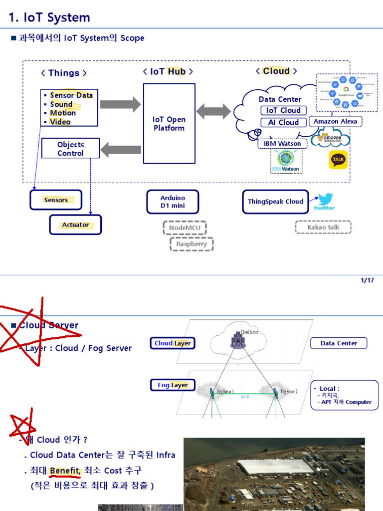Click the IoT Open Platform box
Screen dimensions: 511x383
(169, 123)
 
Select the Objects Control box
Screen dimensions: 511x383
(70, 149)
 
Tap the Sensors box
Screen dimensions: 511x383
(56, 200)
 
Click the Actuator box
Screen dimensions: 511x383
(75, 225)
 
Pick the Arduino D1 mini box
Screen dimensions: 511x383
(173, 202)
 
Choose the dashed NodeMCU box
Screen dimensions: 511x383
(184, 228)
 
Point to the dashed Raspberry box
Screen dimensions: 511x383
(191, 244)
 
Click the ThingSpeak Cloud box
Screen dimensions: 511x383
(275, 202)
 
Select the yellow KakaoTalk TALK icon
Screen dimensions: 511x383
(338, 160)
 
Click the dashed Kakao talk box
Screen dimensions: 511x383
(323, 227)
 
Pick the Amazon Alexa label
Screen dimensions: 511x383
(335, 121)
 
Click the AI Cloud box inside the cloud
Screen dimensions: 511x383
(283, 122)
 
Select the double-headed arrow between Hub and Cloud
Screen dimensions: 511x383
(213, 111)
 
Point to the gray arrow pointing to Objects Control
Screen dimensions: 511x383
(121, 149)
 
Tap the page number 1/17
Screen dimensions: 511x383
(367, 280)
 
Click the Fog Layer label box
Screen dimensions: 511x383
(173, 385)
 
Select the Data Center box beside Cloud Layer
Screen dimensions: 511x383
(339, 343)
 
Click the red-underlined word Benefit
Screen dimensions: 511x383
(64, 470)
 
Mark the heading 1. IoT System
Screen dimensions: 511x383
(49, 17)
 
